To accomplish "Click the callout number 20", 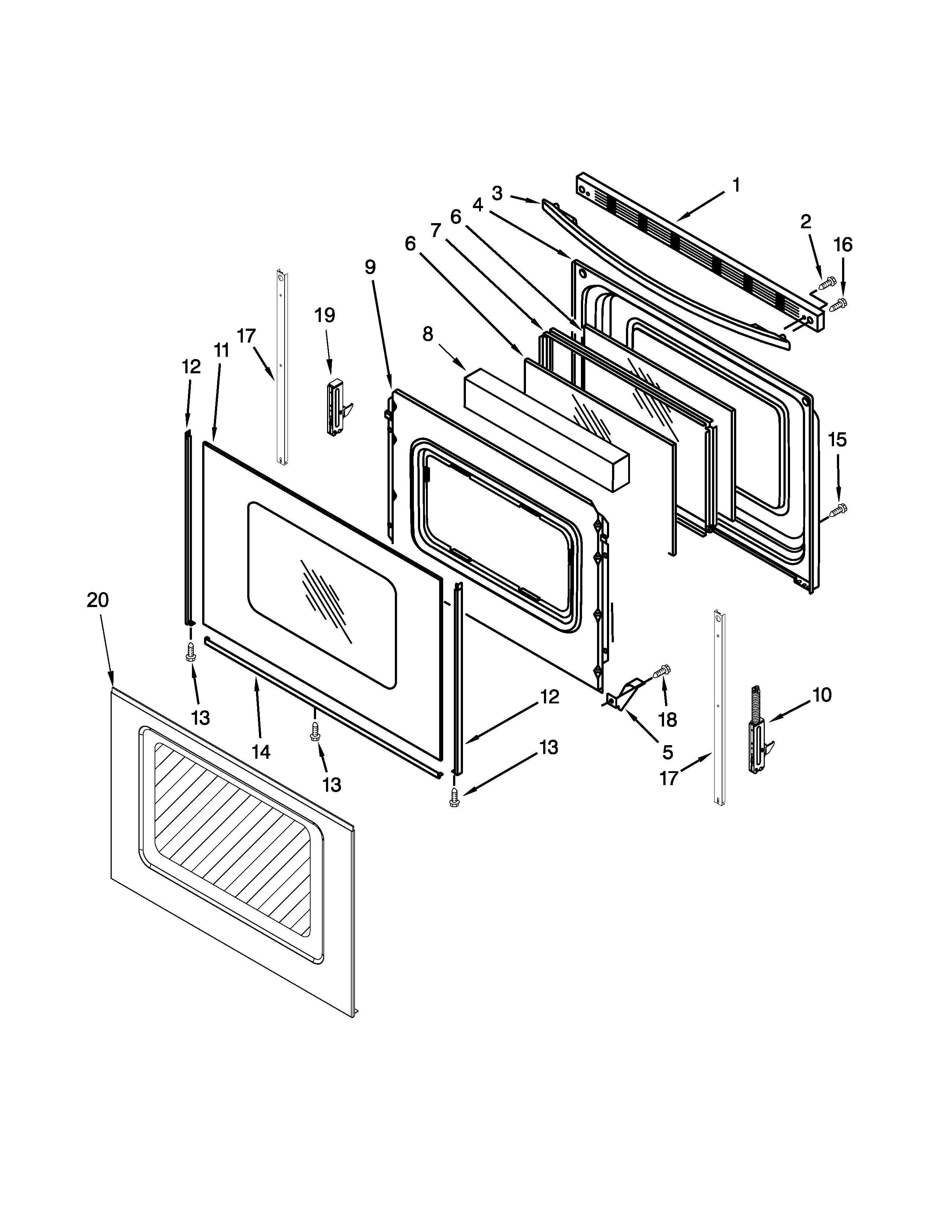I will pos(97,600).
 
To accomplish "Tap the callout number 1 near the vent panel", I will pos(736,185).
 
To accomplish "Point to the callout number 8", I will pos(428,334).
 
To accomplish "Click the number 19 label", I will pos(325,315).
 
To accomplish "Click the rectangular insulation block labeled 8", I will pos(545,429).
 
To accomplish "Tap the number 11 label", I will pos(221,350).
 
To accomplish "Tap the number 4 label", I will pos(478,205).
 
